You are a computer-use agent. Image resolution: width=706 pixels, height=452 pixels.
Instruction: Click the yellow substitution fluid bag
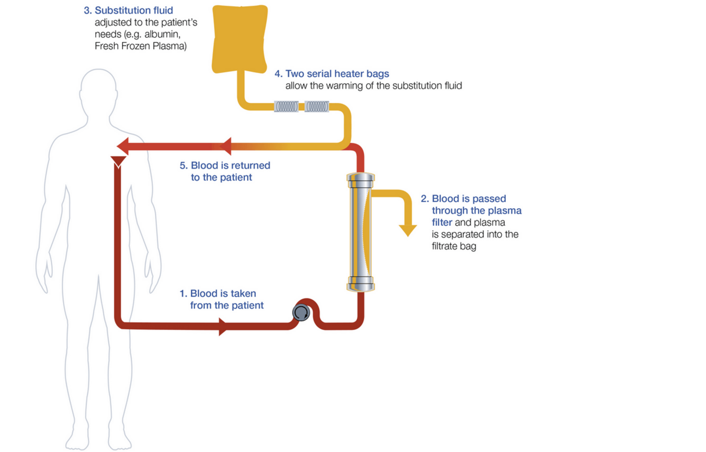[240, 38]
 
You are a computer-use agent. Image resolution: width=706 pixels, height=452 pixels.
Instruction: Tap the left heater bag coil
[286, 106]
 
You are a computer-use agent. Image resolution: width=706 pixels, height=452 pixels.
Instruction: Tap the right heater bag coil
[317, 106]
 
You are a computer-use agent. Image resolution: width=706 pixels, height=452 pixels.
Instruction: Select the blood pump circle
[301, 313]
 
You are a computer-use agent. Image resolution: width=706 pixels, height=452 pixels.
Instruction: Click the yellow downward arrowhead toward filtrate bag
[408, 230]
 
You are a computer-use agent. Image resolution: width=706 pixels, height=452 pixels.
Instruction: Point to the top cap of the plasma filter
[361, 180]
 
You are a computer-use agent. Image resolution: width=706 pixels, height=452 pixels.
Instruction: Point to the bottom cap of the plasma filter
[361, 284]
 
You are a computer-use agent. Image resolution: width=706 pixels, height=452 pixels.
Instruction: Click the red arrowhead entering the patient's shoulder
[123, 146]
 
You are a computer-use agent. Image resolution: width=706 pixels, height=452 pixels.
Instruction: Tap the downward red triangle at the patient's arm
[118, 161]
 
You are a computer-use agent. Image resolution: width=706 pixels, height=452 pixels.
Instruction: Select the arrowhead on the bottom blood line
[222, 327]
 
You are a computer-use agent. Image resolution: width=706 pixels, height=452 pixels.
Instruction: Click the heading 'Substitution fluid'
[133, 10]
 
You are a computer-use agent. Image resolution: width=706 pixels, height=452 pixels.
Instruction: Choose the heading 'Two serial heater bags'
[337, 74]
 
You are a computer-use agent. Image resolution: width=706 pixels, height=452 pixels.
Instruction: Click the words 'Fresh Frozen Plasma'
[140, 46]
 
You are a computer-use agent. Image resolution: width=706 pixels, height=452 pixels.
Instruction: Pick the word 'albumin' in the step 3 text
[162, 34]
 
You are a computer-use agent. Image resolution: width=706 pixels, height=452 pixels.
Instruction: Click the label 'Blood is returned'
[230, 165]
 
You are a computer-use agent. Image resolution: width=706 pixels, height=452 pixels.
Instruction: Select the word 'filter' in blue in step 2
[442, 222]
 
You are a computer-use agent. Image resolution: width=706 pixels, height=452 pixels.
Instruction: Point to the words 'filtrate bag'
[454, 246]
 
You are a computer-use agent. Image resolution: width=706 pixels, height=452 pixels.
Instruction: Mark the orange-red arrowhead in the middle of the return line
[226, 146]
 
